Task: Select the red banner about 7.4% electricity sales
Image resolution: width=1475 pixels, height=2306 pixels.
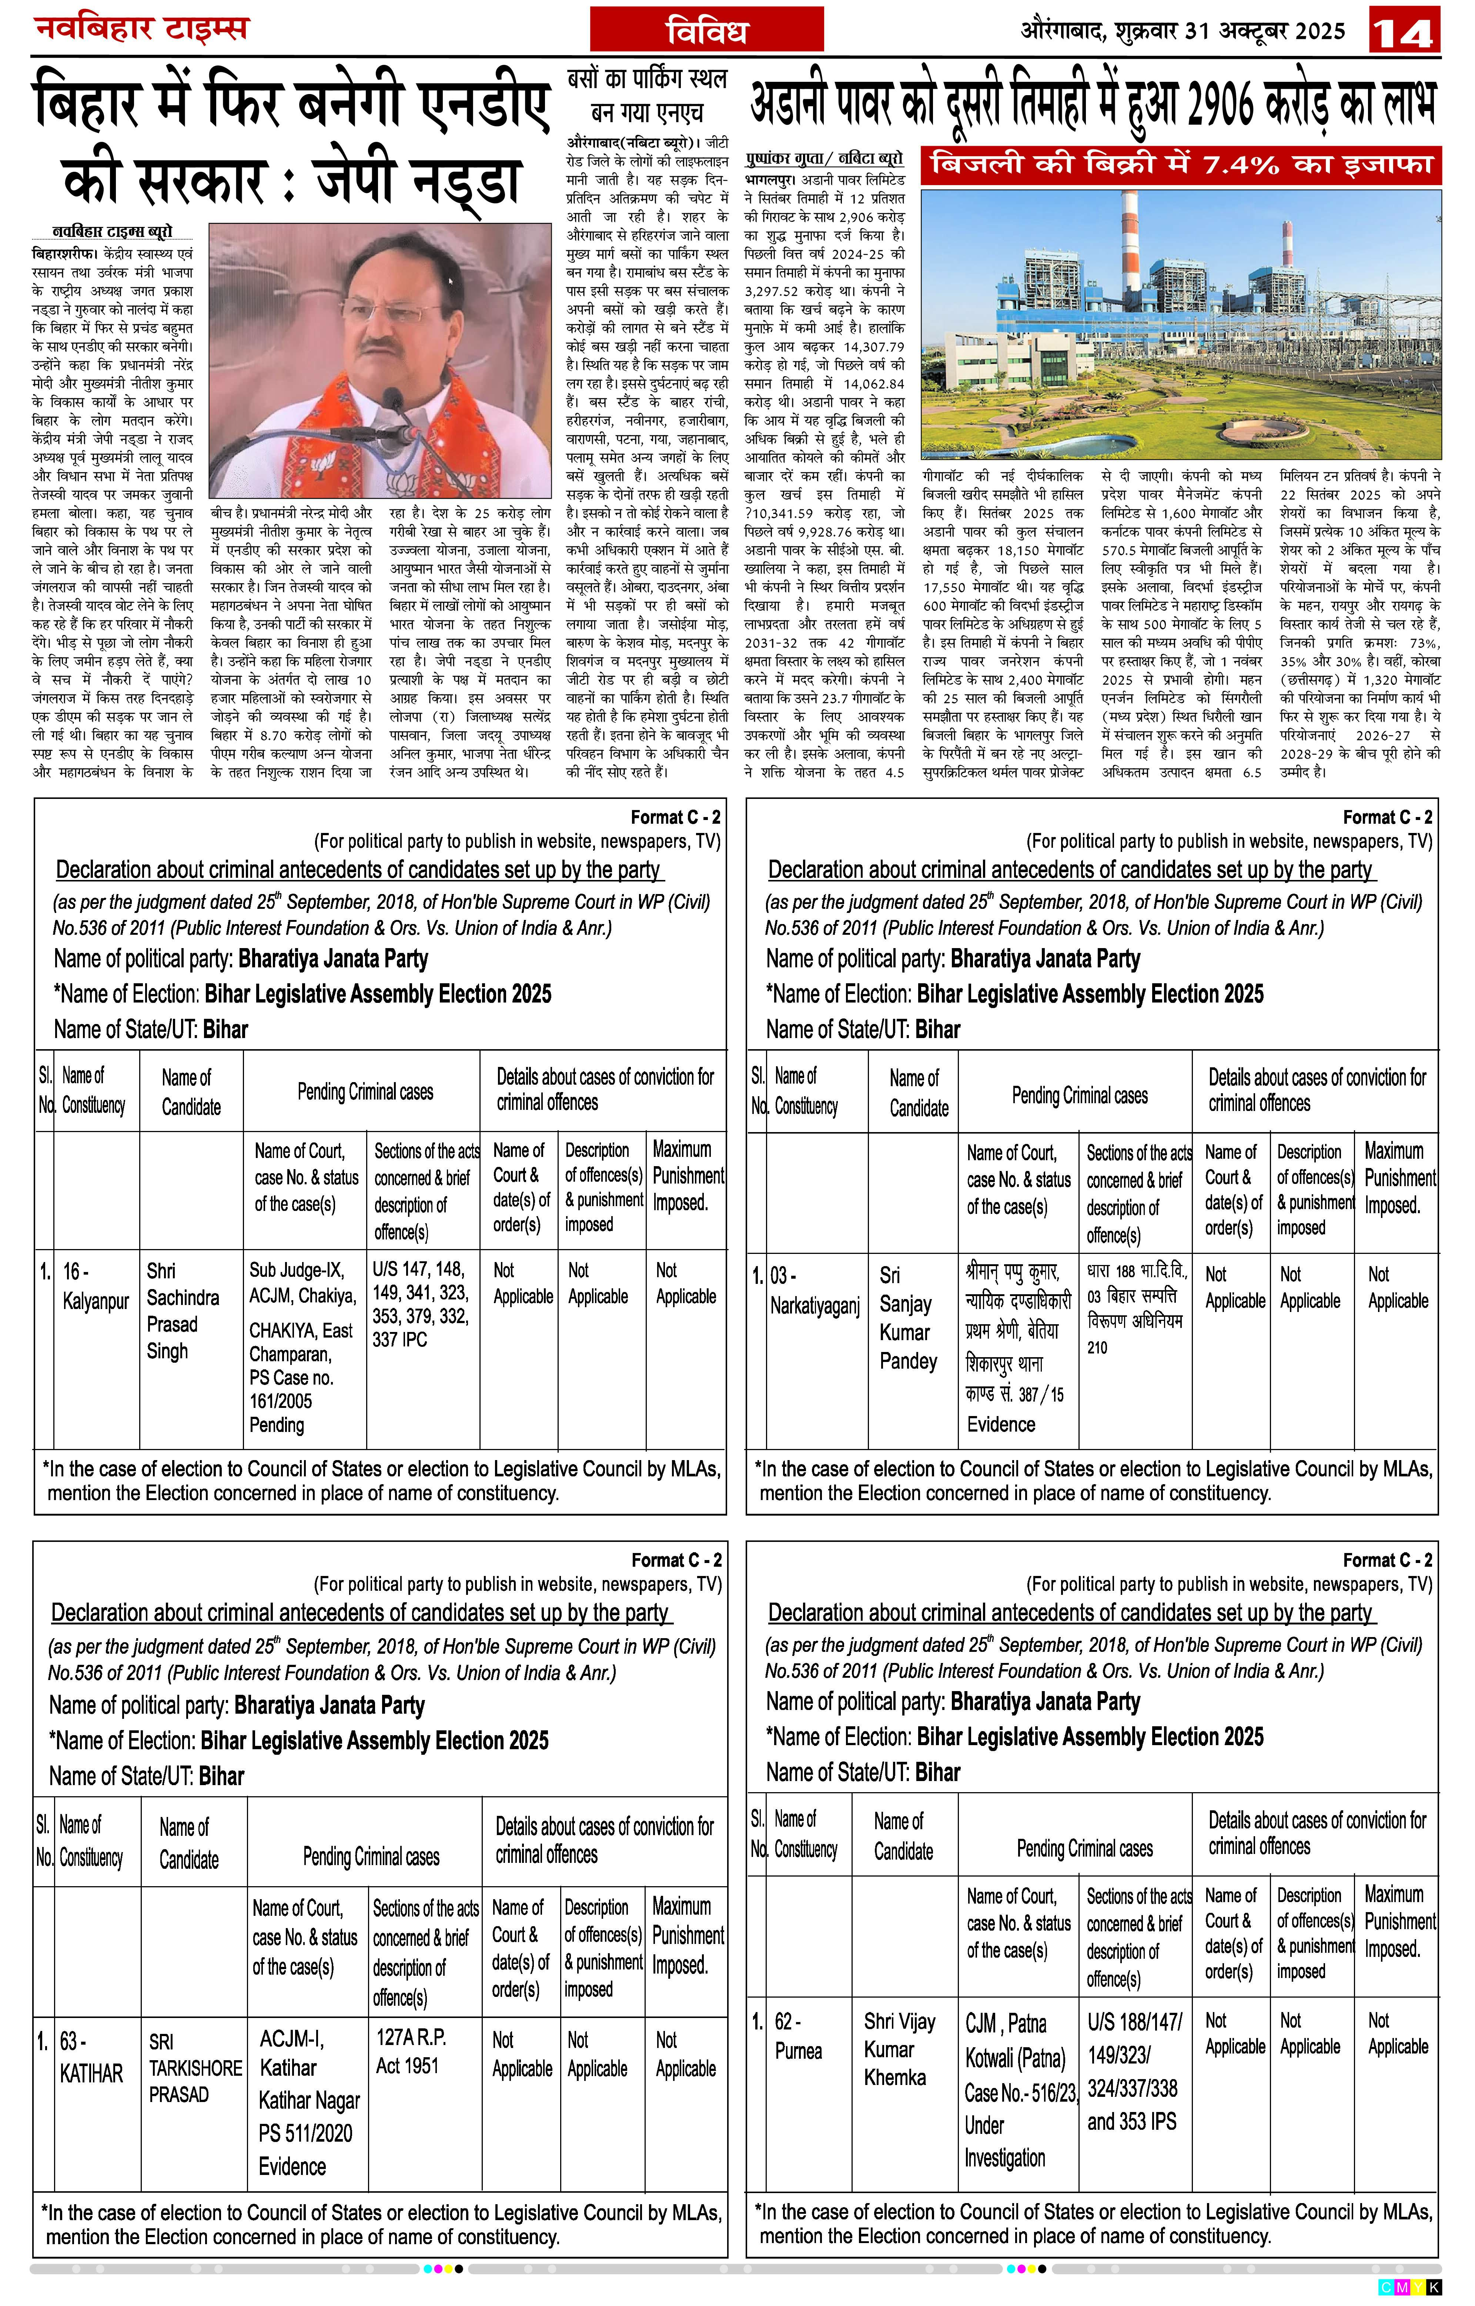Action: coord(1181,165)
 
